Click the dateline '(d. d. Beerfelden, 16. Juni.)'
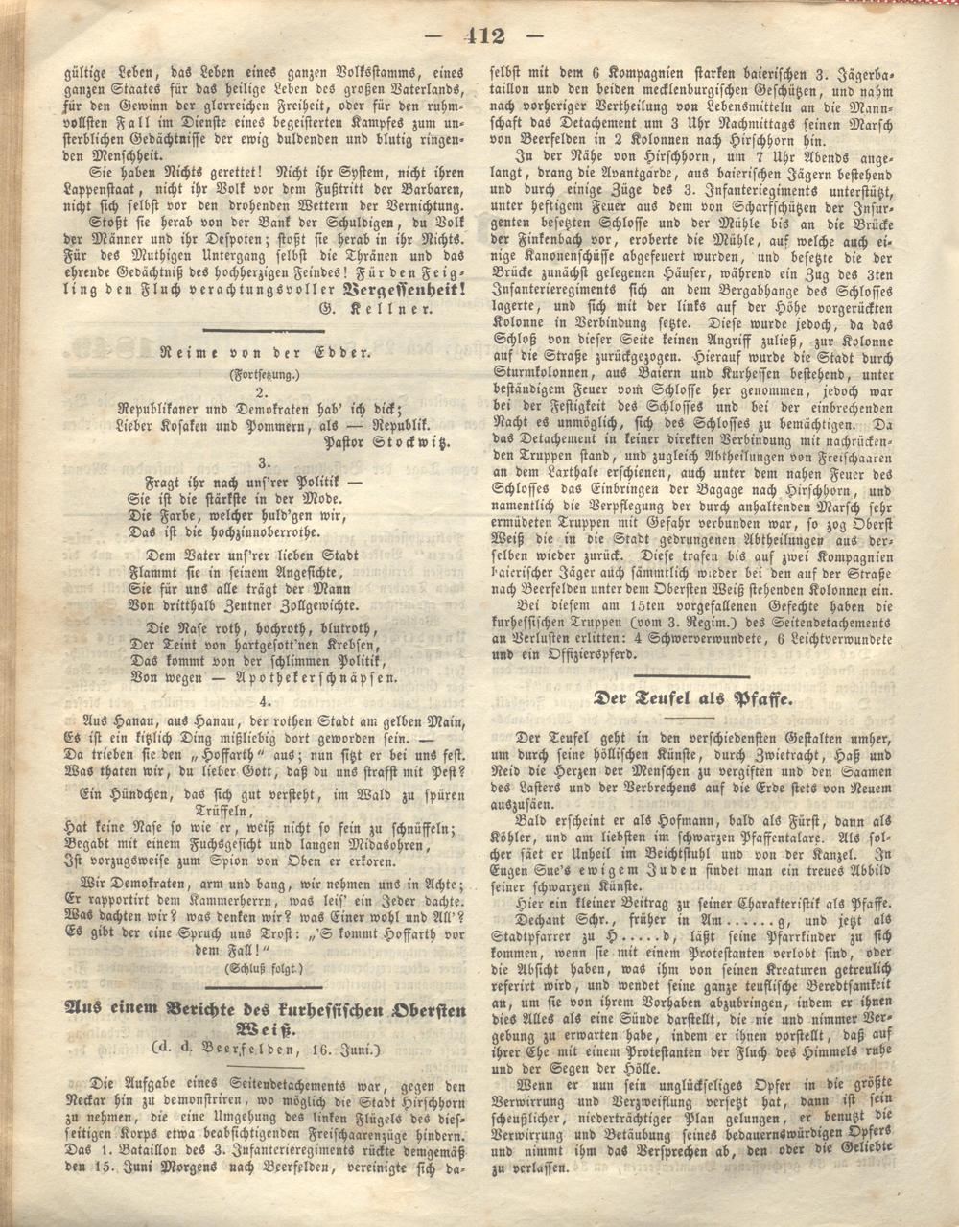point(264,1050)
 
